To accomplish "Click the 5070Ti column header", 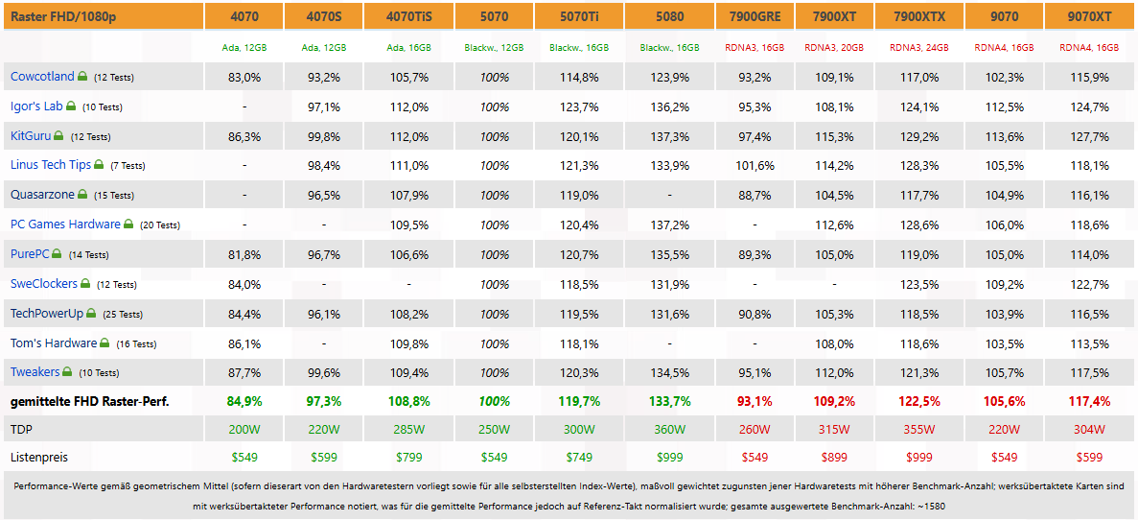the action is click(x=578, y=16).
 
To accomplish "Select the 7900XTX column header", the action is click(x=919, y=16).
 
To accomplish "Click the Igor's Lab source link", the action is click(x=37, y=106).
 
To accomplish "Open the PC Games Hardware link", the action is click(x=65, y=225).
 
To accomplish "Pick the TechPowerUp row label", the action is click(x=47, y=314).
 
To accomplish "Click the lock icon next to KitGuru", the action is click(x=58, y=136).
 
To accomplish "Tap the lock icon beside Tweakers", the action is click(x=67, y=372).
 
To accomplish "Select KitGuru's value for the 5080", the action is click(x=669, y=136).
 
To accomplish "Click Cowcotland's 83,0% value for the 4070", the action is click(x=244, y=76).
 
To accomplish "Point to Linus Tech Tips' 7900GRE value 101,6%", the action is click(x=755, y=166).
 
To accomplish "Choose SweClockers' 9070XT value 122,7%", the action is click(x=1089, y=284).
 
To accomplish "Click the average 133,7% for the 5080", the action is click(x=669, y=401).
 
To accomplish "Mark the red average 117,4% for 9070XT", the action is click(x=1089, y=401).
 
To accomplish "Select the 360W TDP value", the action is click(x=669, y=429).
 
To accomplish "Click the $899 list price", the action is click(x=835, y=458).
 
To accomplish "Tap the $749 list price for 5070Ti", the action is click(x=578, y=458).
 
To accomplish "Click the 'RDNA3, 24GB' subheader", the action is click(x=919, y=48).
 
